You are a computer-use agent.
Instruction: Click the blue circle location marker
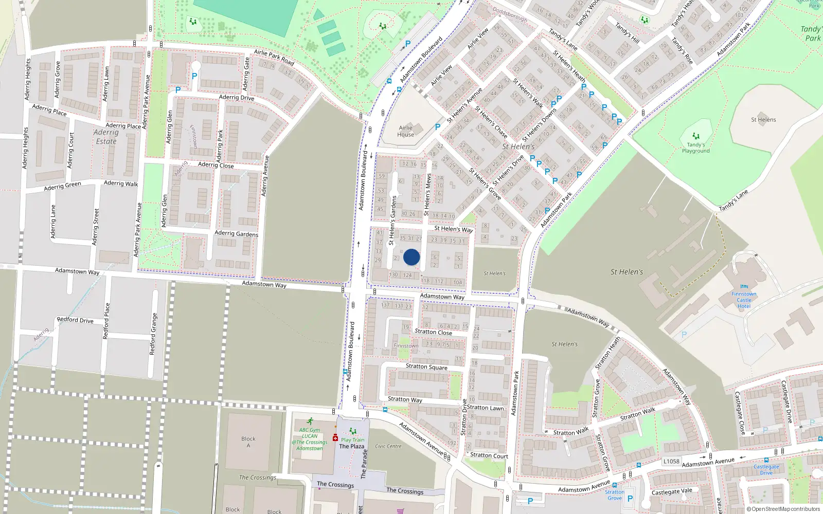coord(411,257)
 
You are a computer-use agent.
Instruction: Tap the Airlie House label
coord(405,131)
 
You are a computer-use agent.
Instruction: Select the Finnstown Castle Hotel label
coord(744,300)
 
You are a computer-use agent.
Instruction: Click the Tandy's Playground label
coord(695,148)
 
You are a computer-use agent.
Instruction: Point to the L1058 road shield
coord(671,461)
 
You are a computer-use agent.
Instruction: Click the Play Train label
coord(352,439)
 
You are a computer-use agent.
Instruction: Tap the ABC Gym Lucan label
coord(310,439)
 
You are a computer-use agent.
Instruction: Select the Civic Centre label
coord(388,446)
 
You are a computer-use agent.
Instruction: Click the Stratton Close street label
coord(433,332)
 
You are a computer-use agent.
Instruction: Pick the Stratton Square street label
coord(426,367)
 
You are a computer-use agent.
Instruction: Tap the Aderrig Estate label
coord(106,137)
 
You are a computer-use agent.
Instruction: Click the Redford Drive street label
coord(75,320)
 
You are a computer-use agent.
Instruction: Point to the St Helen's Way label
coord(453,229)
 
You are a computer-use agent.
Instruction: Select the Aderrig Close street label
coord(216,165)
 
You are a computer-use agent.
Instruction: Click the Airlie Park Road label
coord(274,57)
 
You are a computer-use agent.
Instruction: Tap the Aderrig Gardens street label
coord(236,233)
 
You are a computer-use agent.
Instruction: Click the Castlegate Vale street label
coord(672,492)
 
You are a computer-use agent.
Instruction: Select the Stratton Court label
coord(489,455)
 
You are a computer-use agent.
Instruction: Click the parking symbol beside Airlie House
coord(438,127)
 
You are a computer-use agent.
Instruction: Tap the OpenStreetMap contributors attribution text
coord(785,509)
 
